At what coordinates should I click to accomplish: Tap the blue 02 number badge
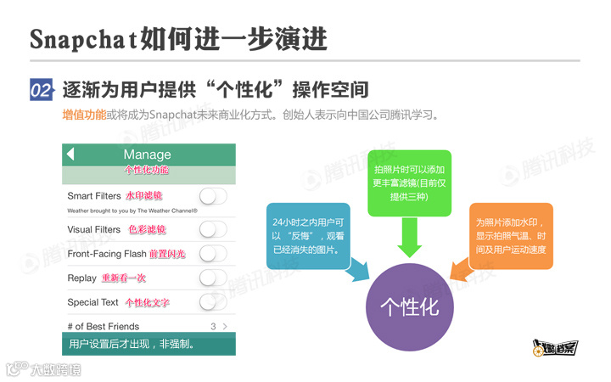pyautogui.click(x=41, y=89)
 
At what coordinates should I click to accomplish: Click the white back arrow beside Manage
pyautogui.click(x=70, y=154)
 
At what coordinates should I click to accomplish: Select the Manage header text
pyautogui.click(x=147, y=154)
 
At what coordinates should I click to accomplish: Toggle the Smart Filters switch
pyautogui.click(x=213, y=196)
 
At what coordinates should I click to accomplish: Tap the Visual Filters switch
pyautogui.click(x=213, y=229)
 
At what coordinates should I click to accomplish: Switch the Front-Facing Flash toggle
pyautogui.click(x=213, y=253)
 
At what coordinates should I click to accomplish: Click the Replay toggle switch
pyautogui.click(x=213, y=278)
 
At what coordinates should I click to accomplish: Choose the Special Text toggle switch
pyautogui.click(x=213, y=302)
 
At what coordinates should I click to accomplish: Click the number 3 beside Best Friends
pyautogui.click(x=213, y=326)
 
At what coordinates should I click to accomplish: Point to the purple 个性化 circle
pyautogui.click(x=409, y=306)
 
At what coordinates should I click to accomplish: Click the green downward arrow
pyautogui.click(x=409, y=239)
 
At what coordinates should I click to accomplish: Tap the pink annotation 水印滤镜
pyautogui.click(x=143, y=196)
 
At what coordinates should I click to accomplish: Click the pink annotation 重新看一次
pyautogui.click(x=124, y=278)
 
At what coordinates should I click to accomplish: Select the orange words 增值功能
pyautogui.click(x=84, y=115)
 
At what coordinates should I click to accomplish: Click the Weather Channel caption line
pyautogui.click(x=132, y=210)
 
